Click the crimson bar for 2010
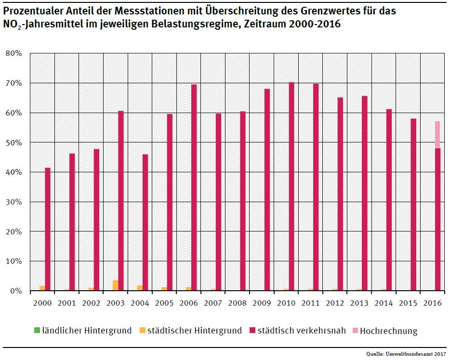[291, 187]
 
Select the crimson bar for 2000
[48, 229]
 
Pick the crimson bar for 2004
[145, 222]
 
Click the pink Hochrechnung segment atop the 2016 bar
[437, 135]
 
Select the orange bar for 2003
[115, 285]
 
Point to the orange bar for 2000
[42, 288]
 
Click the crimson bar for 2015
[413, 205]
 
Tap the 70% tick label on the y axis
[14, 83]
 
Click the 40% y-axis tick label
[14, 172]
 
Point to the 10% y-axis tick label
[14, 261]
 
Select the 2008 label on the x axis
[237, 304]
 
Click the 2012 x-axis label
[334, 304]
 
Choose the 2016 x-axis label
[432, 304]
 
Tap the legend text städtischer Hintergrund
[195, 331]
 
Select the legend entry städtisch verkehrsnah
[298, 331]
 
